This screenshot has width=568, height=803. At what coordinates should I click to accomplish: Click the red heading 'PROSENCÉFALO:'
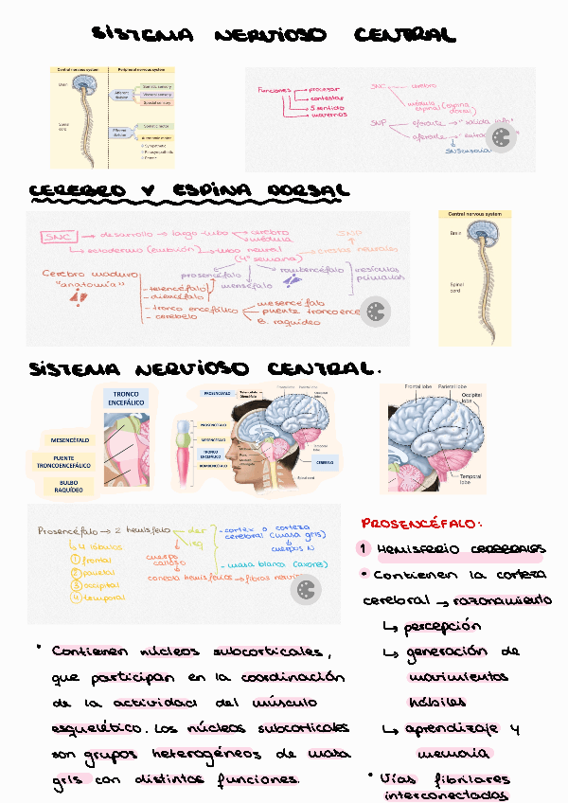pos(420,523)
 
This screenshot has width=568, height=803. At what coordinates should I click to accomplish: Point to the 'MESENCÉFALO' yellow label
pos(69,439)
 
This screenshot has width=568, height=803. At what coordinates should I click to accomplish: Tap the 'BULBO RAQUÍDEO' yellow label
pos(69,487)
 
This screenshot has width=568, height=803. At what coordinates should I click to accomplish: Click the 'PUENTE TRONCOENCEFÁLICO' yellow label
pos(69,463)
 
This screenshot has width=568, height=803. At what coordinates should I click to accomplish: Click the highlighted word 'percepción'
pos(442,627)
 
